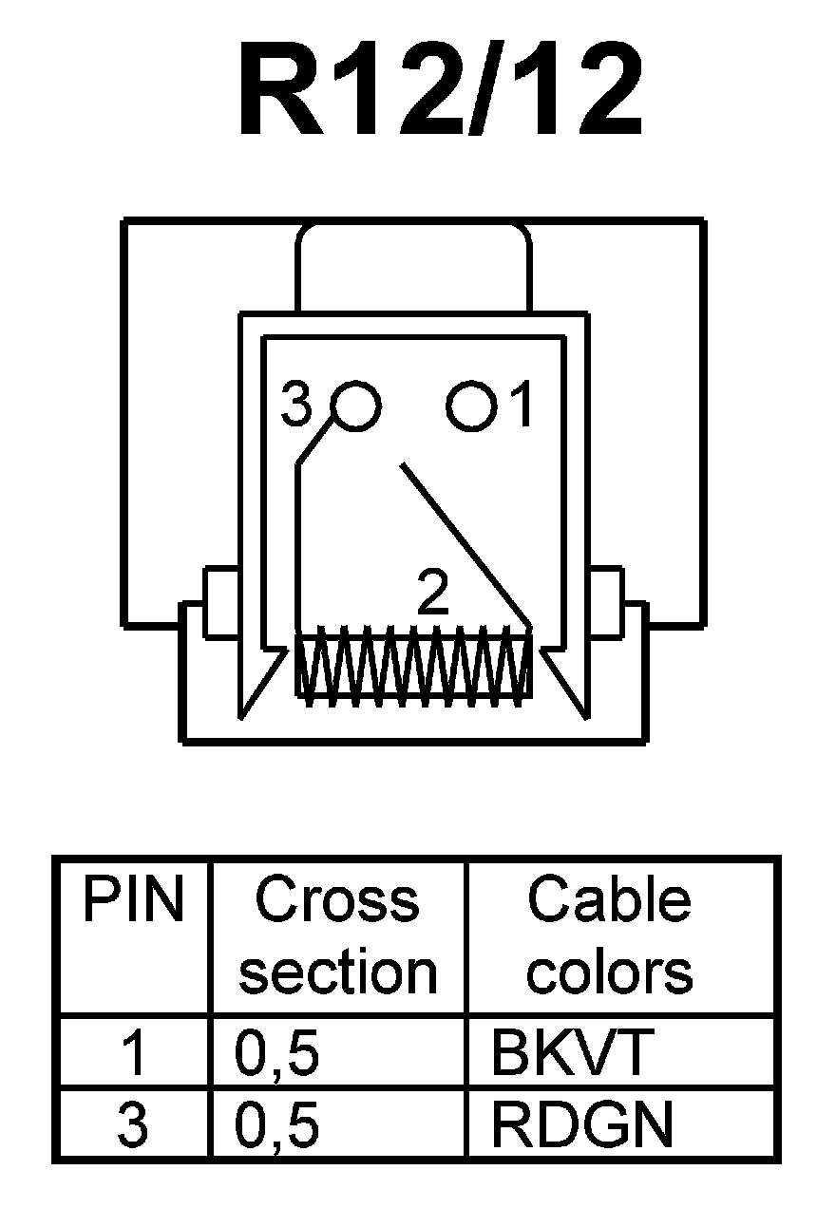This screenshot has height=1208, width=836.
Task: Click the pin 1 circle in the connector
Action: pos(471,407)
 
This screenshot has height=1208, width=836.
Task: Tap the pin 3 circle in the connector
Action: pos(357,406)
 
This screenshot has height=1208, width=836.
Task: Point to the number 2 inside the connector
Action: pos(433,595)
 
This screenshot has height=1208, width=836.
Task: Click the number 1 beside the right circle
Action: pos(522,407)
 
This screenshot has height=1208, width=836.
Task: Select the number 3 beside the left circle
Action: pos(296,407)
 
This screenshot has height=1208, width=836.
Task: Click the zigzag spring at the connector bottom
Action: pos(413,665)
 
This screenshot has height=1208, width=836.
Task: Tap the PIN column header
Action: pos(132,900)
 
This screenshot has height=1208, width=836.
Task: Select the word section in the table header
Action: pos(337,972)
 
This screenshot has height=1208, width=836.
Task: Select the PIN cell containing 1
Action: pos(134,1052)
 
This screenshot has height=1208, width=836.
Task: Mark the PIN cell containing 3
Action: pos(133,1124)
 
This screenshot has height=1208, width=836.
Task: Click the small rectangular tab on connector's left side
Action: pos(220,601)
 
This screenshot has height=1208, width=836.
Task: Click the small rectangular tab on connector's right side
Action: pos(605,601)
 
